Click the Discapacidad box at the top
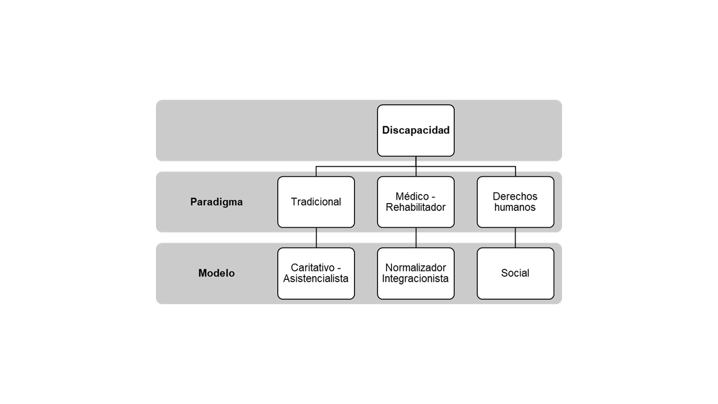click(x=416, y=130)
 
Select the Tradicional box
click(x=316, y=202)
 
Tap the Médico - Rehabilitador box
click(x=416, y=202)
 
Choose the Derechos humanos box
click(x=515, y=202)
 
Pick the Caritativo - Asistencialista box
click(x=316, y=273)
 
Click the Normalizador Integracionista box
click(x=416, y=273)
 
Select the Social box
click(x=515, y=273)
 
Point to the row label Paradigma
click(x=217, y=202)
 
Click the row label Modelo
click(x=217, y=273)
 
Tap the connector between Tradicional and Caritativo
click(x=316, y=238)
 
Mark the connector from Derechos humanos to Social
click(x=516, y=238)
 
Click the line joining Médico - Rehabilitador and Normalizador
click(x=416, y=238)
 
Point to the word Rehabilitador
click(x=416, y=208)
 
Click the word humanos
click(x=515, y=208)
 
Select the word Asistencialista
click(x=316, y=279)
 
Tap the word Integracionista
click(x=416, y=279)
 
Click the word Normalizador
click(x=416, y=268)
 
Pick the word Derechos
click(x=515, y=196)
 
